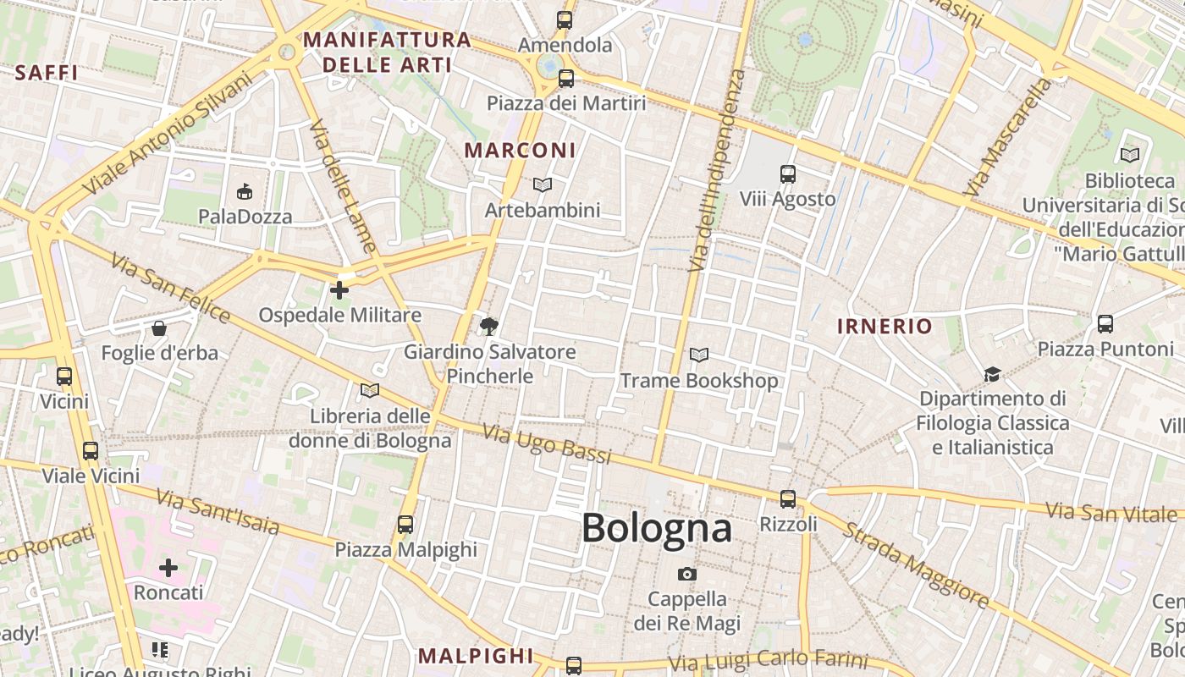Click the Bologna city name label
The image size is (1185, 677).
tap(656, 528)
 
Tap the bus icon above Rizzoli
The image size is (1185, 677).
tap(788, 499)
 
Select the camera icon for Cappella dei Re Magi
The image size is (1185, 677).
tap(687, 574)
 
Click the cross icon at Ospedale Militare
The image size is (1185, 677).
tap(339, 290)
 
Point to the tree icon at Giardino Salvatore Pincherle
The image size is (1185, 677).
tap(489, 326)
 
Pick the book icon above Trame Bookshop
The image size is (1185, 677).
tap(699, 355)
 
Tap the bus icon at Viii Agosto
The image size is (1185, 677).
tap(788, 174)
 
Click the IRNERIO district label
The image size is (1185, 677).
tap(885, 326)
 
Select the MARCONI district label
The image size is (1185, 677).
tap(520, 151)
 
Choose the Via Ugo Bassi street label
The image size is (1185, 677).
tap(547, 443)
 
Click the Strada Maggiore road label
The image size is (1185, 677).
tap(916, 564)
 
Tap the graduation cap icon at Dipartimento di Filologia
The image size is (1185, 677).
tap(992, 373)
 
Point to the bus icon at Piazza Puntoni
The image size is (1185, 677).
tap(1105, 323)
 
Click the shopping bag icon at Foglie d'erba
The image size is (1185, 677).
tap(159, 327)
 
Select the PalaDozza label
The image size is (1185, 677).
tap(245, 217)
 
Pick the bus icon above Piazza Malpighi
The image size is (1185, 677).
tap(405, 525)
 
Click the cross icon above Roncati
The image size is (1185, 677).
tap(168, 567)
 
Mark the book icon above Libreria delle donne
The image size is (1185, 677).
tap(370, 390)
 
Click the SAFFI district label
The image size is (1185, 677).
tap(47, 73)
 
